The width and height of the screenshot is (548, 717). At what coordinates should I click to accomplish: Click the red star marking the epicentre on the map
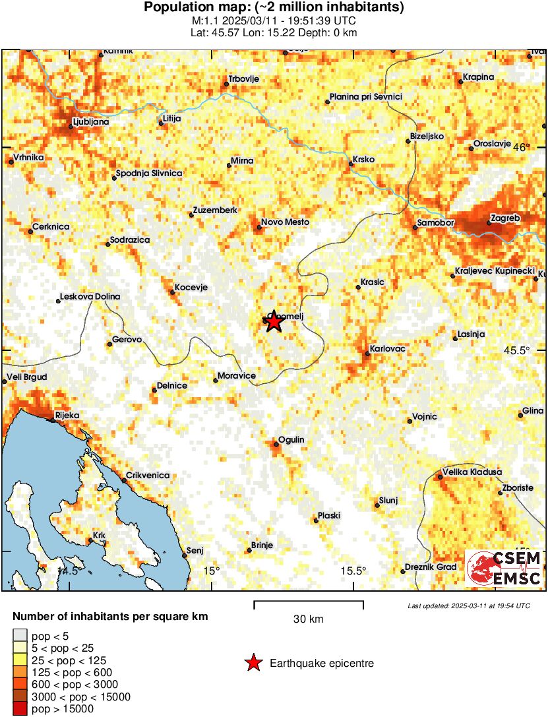(273, 322)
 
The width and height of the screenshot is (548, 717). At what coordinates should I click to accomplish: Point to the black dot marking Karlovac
(368, 354)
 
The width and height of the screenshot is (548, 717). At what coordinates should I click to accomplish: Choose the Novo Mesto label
(285, 222)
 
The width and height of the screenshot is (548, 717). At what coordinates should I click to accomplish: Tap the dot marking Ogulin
(276, 445)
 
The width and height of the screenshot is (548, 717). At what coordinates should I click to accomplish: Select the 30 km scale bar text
(308, 619)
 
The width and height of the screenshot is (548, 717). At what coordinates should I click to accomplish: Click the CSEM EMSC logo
(504, 569)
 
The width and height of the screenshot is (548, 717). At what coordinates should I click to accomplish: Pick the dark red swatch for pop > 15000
(20, 709)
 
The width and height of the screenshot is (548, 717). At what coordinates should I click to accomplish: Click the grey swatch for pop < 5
(20, 637)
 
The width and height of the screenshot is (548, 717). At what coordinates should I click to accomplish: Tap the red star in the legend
(253, 664)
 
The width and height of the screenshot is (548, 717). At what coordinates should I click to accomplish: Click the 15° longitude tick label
(211, 571)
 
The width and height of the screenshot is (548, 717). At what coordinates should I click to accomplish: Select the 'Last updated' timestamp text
(468, 606)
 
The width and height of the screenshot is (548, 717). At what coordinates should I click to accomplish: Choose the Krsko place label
(363, 160)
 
